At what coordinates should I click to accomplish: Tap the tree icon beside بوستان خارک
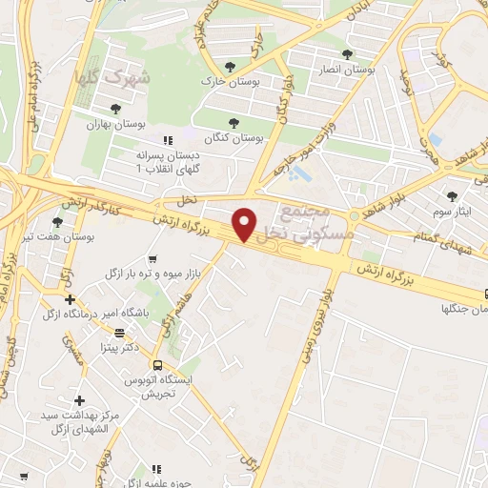click(229, 66)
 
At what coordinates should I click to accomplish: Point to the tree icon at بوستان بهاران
click(115, 110)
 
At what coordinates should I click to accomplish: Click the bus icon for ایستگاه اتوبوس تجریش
click(158, 364)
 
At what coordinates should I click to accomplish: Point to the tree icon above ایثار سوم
click(451, 195)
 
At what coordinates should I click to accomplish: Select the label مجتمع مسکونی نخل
click(313, 220)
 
